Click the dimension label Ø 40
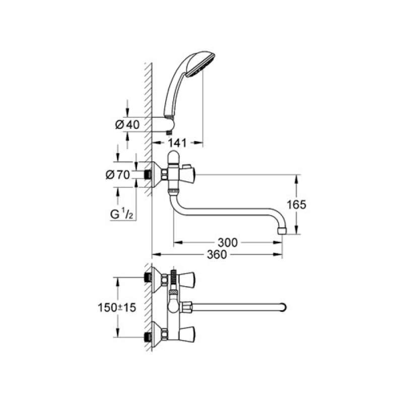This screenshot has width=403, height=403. [127, 124]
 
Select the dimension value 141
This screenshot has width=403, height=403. [177, 143]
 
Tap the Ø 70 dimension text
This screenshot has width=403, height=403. [118, 175]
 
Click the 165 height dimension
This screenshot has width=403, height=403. [296, 205]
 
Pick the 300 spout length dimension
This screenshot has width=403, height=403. [228, 242]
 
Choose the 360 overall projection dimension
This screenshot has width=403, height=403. [217, 254]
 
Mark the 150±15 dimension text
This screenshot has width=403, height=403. [117, 307]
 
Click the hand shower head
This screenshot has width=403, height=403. [200, 64]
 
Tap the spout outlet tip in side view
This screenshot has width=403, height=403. [282, 230]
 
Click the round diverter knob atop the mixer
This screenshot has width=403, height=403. [173, 156]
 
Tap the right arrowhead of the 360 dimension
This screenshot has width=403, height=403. [278, 254]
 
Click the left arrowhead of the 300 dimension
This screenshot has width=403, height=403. [178, 242]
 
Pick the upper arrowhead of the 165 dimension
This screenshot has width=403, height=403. [296, 179]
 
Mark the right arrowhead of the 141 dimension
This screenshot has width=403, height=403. [198, 143]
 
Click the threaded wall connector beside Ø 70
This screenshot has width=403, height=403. [147, 175]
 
